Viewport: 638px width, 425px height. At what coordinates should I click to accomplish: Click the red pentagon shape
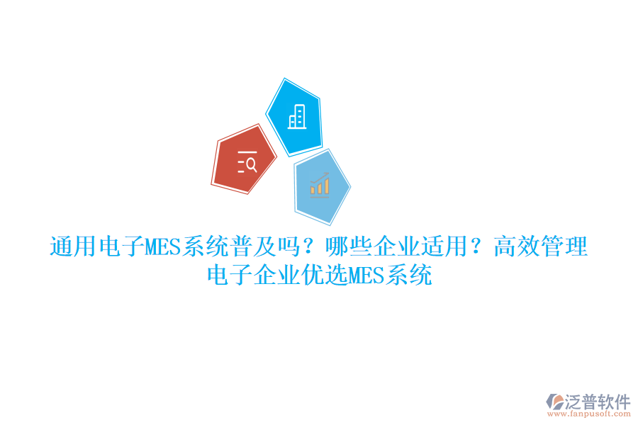(x=243, y=160)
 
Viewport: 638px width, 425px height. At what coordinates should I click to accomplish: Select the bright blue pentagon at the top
(x=295, y=117)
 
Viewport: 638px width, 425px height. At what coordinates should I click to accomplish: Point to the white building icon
(x=297, y=117)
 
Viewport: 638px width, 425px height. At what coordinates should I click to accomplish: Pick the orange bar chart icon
(x=319, y=186)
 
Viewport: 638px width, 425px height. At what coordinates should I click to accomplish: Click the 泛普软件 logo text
(x=598, y=402)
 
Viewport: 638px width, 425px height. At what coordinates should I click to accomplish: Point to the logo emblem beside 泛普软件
(x=554, y=404)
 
